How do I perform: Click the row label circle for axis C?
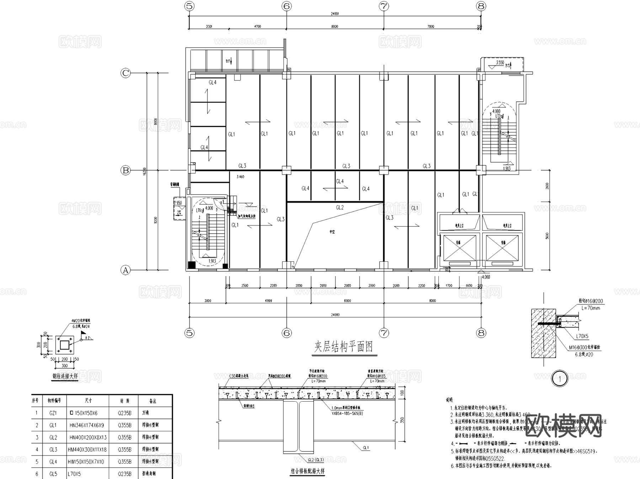pyautogui.click(x=126, y=73)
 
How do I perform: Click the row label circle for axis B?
pyautogui.click(x=126, y=170)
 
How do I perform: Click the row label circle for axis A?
pyautogui.click(x=126, y=270)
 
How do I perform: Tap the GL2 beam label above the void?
pyautogui.click(x=340, y=207)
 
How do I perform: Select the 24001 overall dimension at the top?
pyautogui.click(x=335, y=14)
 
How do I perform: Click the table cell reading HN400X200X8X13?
pyautogui.click(x=88, y=437)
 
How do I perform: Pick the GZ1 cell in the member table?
pyautogui.click(x=53, y=413)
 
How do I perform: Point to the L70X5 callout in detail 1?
pyautogui.click(x=582, y=336)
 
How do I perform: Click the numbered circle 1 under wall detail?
pyautogui.click(x=560, y=379)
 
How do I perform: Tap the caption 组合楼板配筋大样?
pyautogui.click(x=308, y=472)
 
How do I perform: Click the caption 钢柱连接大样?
pyautogui.click(x=65, y=376)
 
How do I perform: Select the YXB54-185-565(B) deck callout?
pyautogui.click(x=347, y=414)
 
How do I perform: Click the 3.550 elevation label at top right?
pyautogui.click(x=500, y=63)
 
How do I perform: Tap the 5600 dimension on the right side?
pyautogui.click(x=547, y=235)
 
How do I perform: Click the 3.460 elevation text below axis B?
pyautogui.click(x=240, y=177)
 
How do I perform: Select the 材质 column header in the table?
pyautogui.click(x=125, y=401)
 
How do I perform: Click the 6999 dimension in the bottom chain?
pyautogui.click(x=268, y=301)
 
